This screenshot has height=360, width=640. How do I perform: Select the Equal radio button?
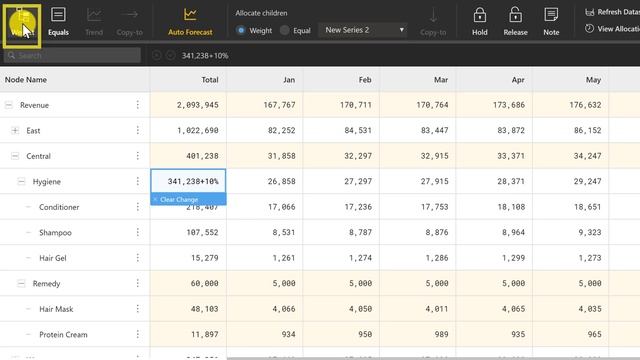285,30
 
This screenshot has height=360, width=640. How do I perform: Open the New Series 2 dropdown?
365,30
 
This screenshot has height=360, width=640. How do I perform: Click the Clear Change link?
175,200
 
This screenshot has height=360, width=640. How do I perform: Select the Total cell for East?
188,130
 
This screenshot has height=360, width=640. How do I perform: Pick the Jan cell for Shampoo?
263,232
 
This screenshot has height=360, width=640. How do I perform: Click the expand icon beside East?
15,130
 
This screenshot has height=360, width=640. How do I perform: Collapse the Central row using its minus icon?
15,156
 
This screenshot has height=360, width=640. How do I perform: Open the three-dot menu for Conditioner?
138,207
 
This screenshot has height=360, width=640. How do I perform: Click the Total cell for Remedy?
188,283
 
